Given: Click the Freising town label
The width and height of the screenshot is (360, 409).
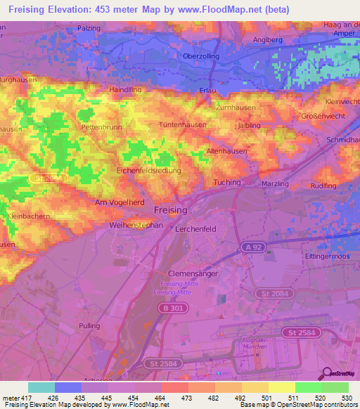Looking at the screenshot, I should pyautogui.click(x=171, y=210).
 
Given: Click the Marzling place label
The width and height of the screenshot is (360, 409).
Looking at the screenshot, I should pyautogui.click(x=274, y=185).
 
